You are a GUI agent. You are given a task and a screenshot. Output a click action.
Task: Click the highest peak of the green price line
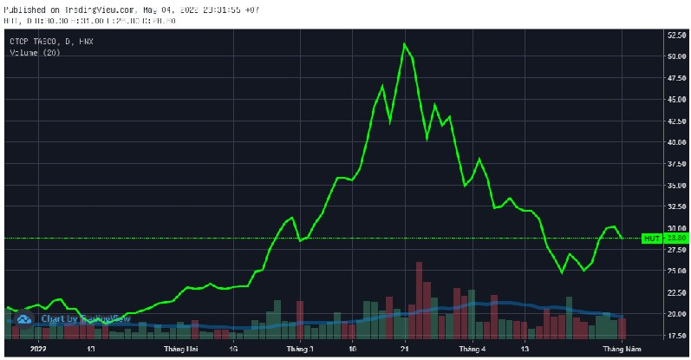[x=404, y=44]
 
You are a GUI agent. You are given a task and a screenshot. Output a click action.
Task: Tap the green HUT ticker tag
[x=651, y=238]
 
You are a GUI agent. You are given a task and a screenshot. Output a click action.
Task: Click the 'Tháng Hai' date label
[x=179, y=350]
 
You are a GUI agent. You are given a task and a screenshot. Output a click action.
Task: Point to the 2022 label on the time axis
[x=38, y=350]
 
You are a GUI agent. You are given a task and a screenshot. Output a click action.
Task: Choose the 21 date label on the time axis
[x=405, y=350]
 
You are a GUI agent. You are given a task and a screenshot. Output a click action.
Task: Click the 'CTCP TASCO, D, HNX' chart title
[x=51, y=41]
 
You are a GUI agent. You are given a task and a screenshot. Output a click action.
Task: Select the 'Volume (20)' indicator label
[x=37, y=52]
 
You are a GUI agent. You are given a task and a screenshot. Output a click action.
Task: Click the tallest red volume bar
[x=419, y=300]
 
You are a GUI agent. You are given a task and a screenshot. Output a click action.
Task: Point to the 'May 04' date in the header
[x=160, y=10]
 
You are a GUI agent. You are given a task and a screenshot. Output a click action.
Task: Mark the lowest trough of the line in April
[x=562, y=272]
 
